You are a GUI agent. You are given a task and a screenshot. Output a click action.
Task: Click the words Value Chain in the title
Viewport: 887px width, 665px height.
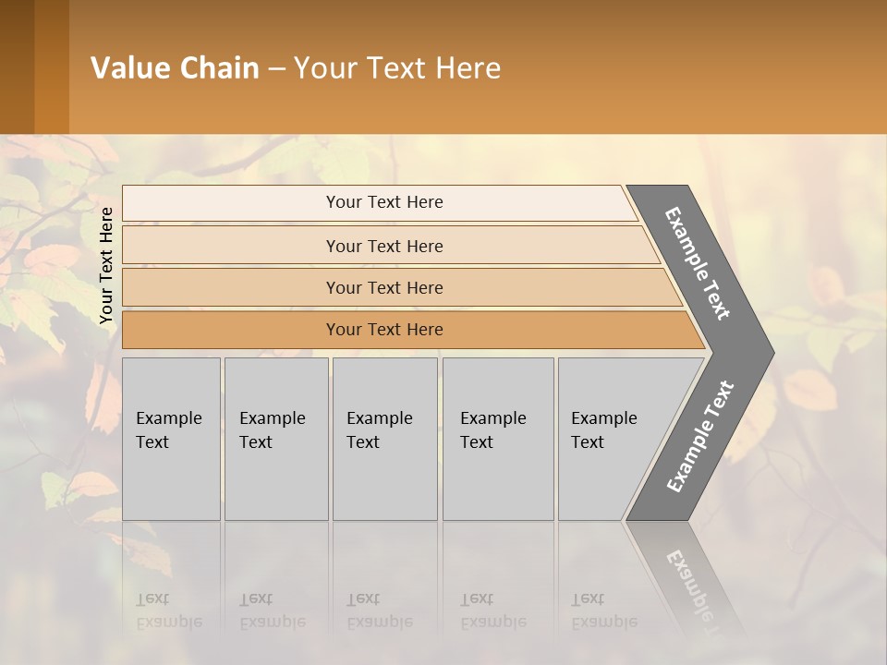click(x=175, y=67)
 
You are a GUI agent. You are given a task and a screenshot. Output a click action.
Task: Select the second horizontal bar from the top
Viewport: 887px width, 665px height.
click(x=383, y=246)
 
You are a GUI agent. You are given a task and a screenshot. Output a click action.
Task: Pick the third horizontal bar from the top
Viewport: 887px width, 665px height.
click(x=383, y=287)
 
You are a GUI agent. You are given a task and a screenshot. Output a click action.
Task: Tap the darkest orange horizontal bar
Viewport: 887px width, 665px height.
click(x=383, y=330)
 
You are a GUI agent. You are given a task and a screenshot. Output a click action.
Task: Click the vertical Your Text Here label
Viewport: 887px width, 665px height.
click(x=106, y=265)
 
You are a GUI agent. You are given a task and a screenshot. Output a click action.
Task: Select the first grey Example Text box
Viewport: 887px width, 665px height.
click(x=171, y=439)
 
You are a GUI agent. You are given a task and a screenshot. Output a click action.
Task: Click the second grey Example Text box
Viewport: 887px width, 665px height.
click(x=275, y=439)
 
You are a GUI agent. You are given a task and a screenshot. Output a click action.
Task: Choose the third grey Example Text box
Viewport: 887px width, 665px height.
click(x=384, y=439)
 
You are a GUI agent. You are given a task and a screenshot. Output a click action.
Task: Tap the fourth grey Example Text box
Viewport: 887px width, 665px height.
click(x=497, y=439)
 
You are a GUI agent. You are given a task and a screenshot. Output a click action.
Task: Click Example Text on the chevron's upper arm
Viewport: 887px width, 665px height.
click(x=698, y=263)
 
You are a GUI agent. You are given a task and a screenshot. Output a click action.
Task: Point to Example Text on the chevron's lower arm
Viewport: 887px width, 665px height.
click(x=699, y=436)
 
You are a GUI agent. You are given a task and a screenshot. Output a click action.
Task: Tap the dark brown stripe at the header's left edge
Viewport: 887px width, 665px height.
click(x=17, y=66)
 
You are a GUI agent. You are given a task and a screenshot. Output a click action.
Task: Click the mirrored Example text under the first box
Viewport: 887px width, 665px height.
click(x=169, y=622)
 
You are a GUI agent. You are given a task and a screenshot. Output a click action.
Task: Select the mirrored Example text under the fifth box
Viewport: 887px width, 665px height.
click(x=604, y=622)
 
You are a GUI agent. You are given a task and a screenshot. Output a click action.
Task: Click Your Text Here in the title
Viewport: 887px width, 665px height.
click(x=397, y=67)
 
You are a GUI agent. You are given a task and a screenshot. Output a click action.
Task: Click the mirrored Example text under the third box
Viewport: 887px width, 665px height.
click(x=380, y=622)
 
